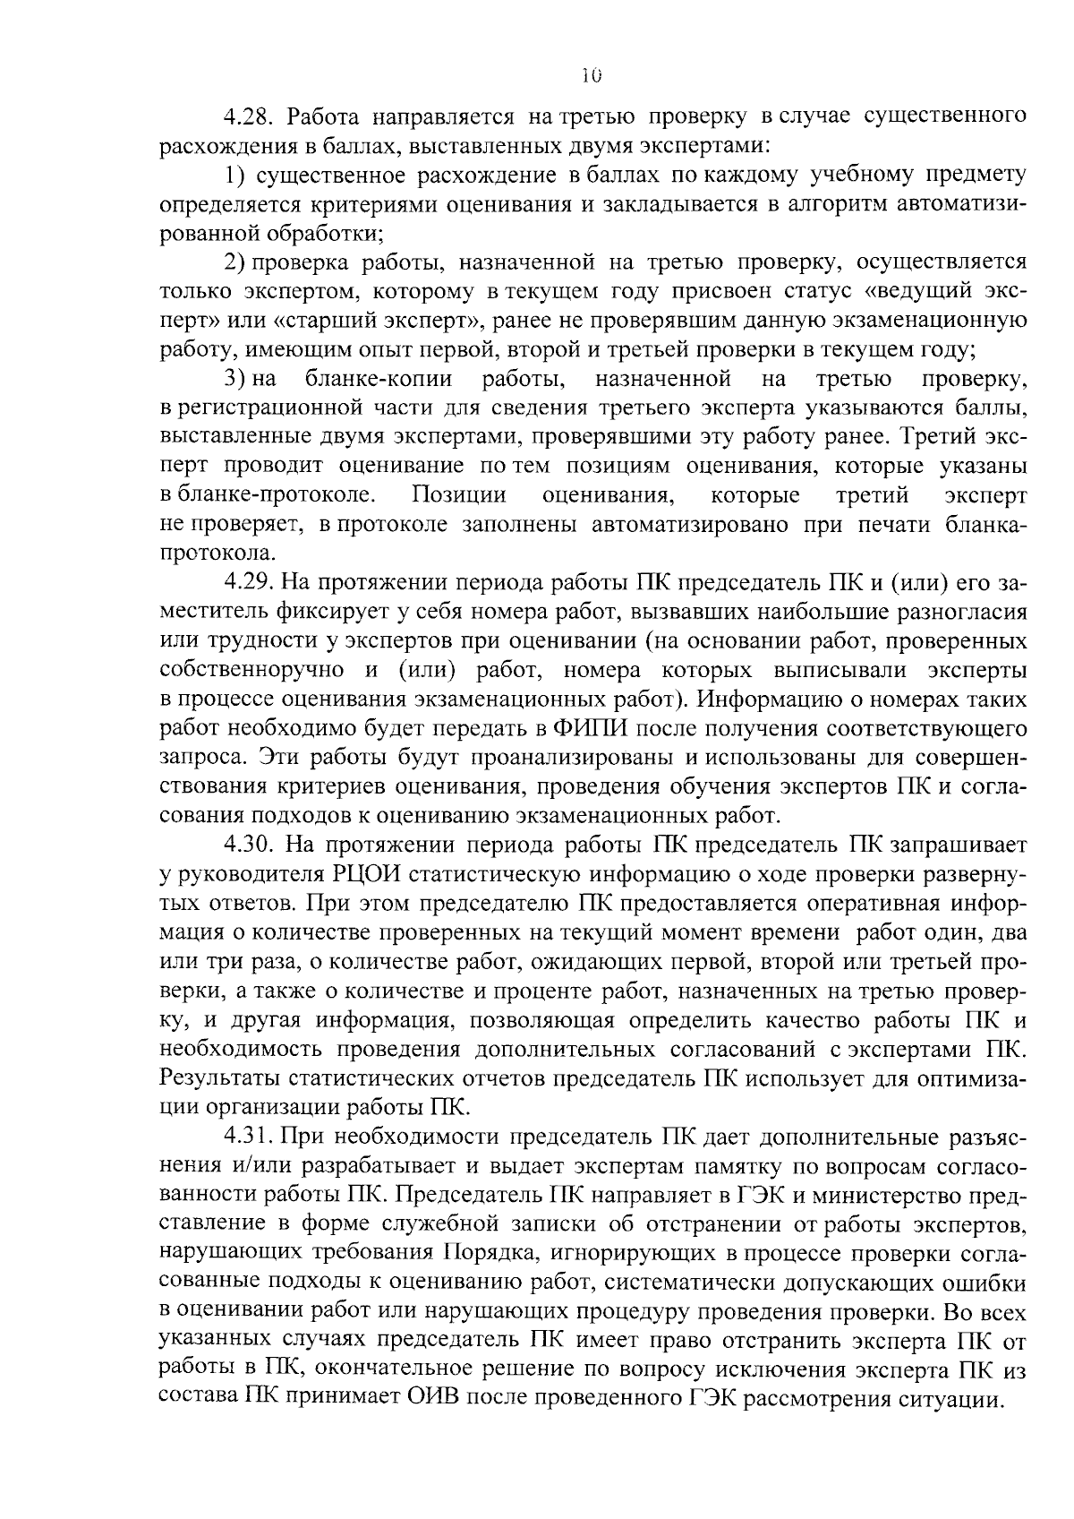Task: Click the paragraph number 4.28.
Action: point(252,116)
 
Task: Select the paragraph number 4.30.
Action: point(252,845)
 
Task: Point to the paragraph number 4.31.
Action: point(251,1137)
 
